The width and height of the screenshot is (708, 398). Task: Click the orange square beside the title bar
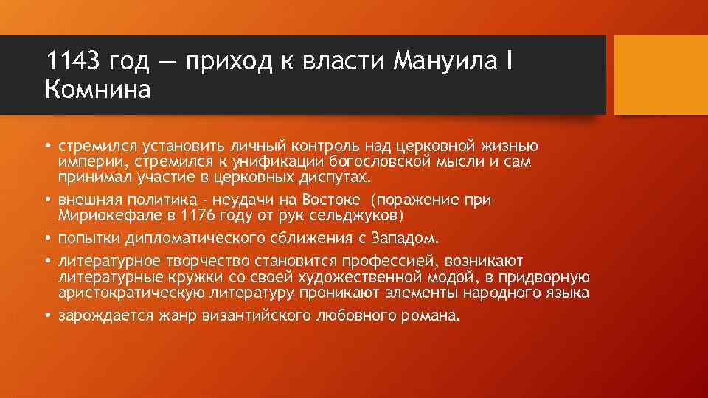660,76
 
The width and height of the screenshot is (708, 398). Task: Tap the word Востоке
330,200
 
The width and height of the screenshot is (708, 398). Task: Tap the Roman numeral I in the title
509,61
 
